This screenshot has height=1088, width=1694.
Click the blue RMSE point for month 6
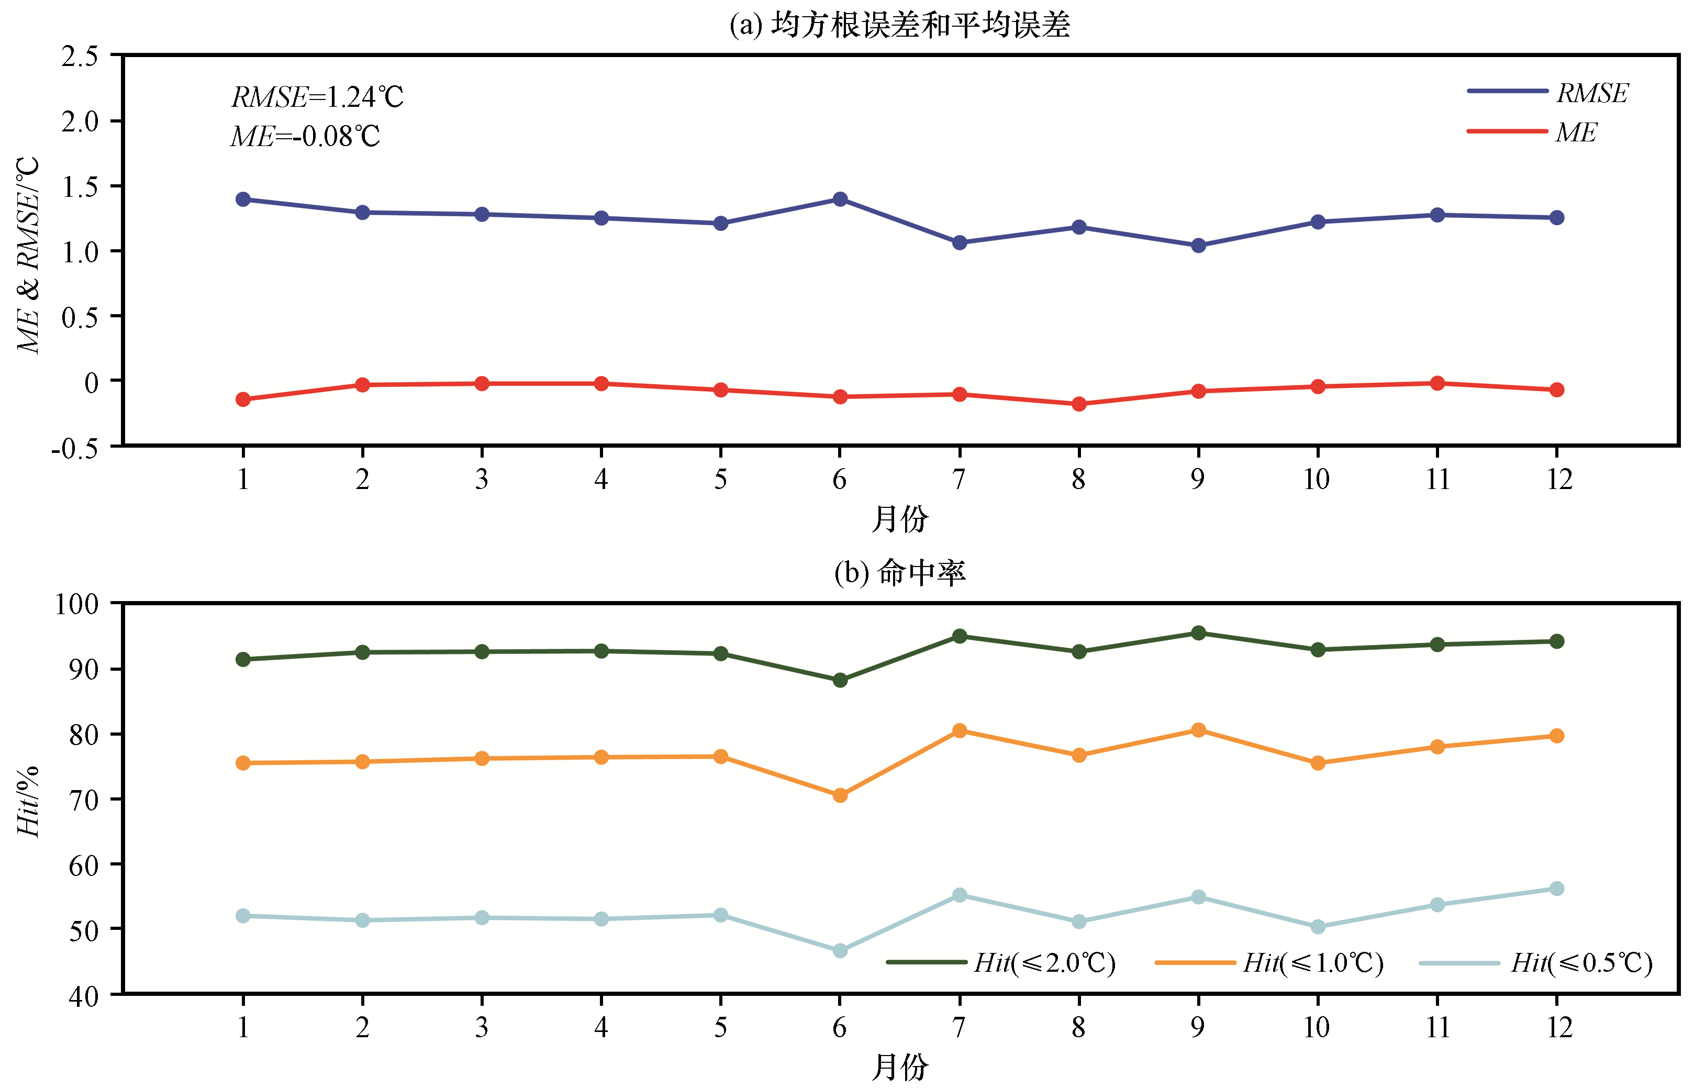840,199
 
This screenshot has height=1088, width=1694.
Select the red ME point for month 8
1079,404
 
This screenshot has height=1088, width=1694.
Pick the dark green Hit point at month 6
840,680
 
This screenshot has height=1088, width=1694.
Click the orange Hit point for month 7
960,730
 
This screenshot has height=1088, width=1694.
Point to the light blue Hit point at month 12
1556,889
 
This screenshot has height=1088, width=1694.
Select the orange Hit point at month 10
1318,763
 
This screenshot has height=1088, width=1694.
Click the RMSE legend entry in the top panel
1547,93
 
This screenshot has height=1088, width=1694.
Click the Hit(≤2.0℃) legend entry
1001,963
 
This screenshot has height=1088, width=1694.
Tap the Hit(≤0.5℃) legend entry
1536,963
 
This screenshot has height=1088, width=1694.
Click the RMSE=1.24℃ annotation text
317,97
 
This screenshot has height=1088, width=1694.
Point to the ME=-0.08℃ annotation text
305,136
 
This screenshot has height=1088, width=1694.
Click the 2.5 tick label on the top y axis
80,56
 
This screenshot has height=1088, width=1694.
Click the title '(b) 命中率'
899,572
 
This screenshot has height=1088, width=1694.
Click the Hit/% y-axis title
28,802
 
